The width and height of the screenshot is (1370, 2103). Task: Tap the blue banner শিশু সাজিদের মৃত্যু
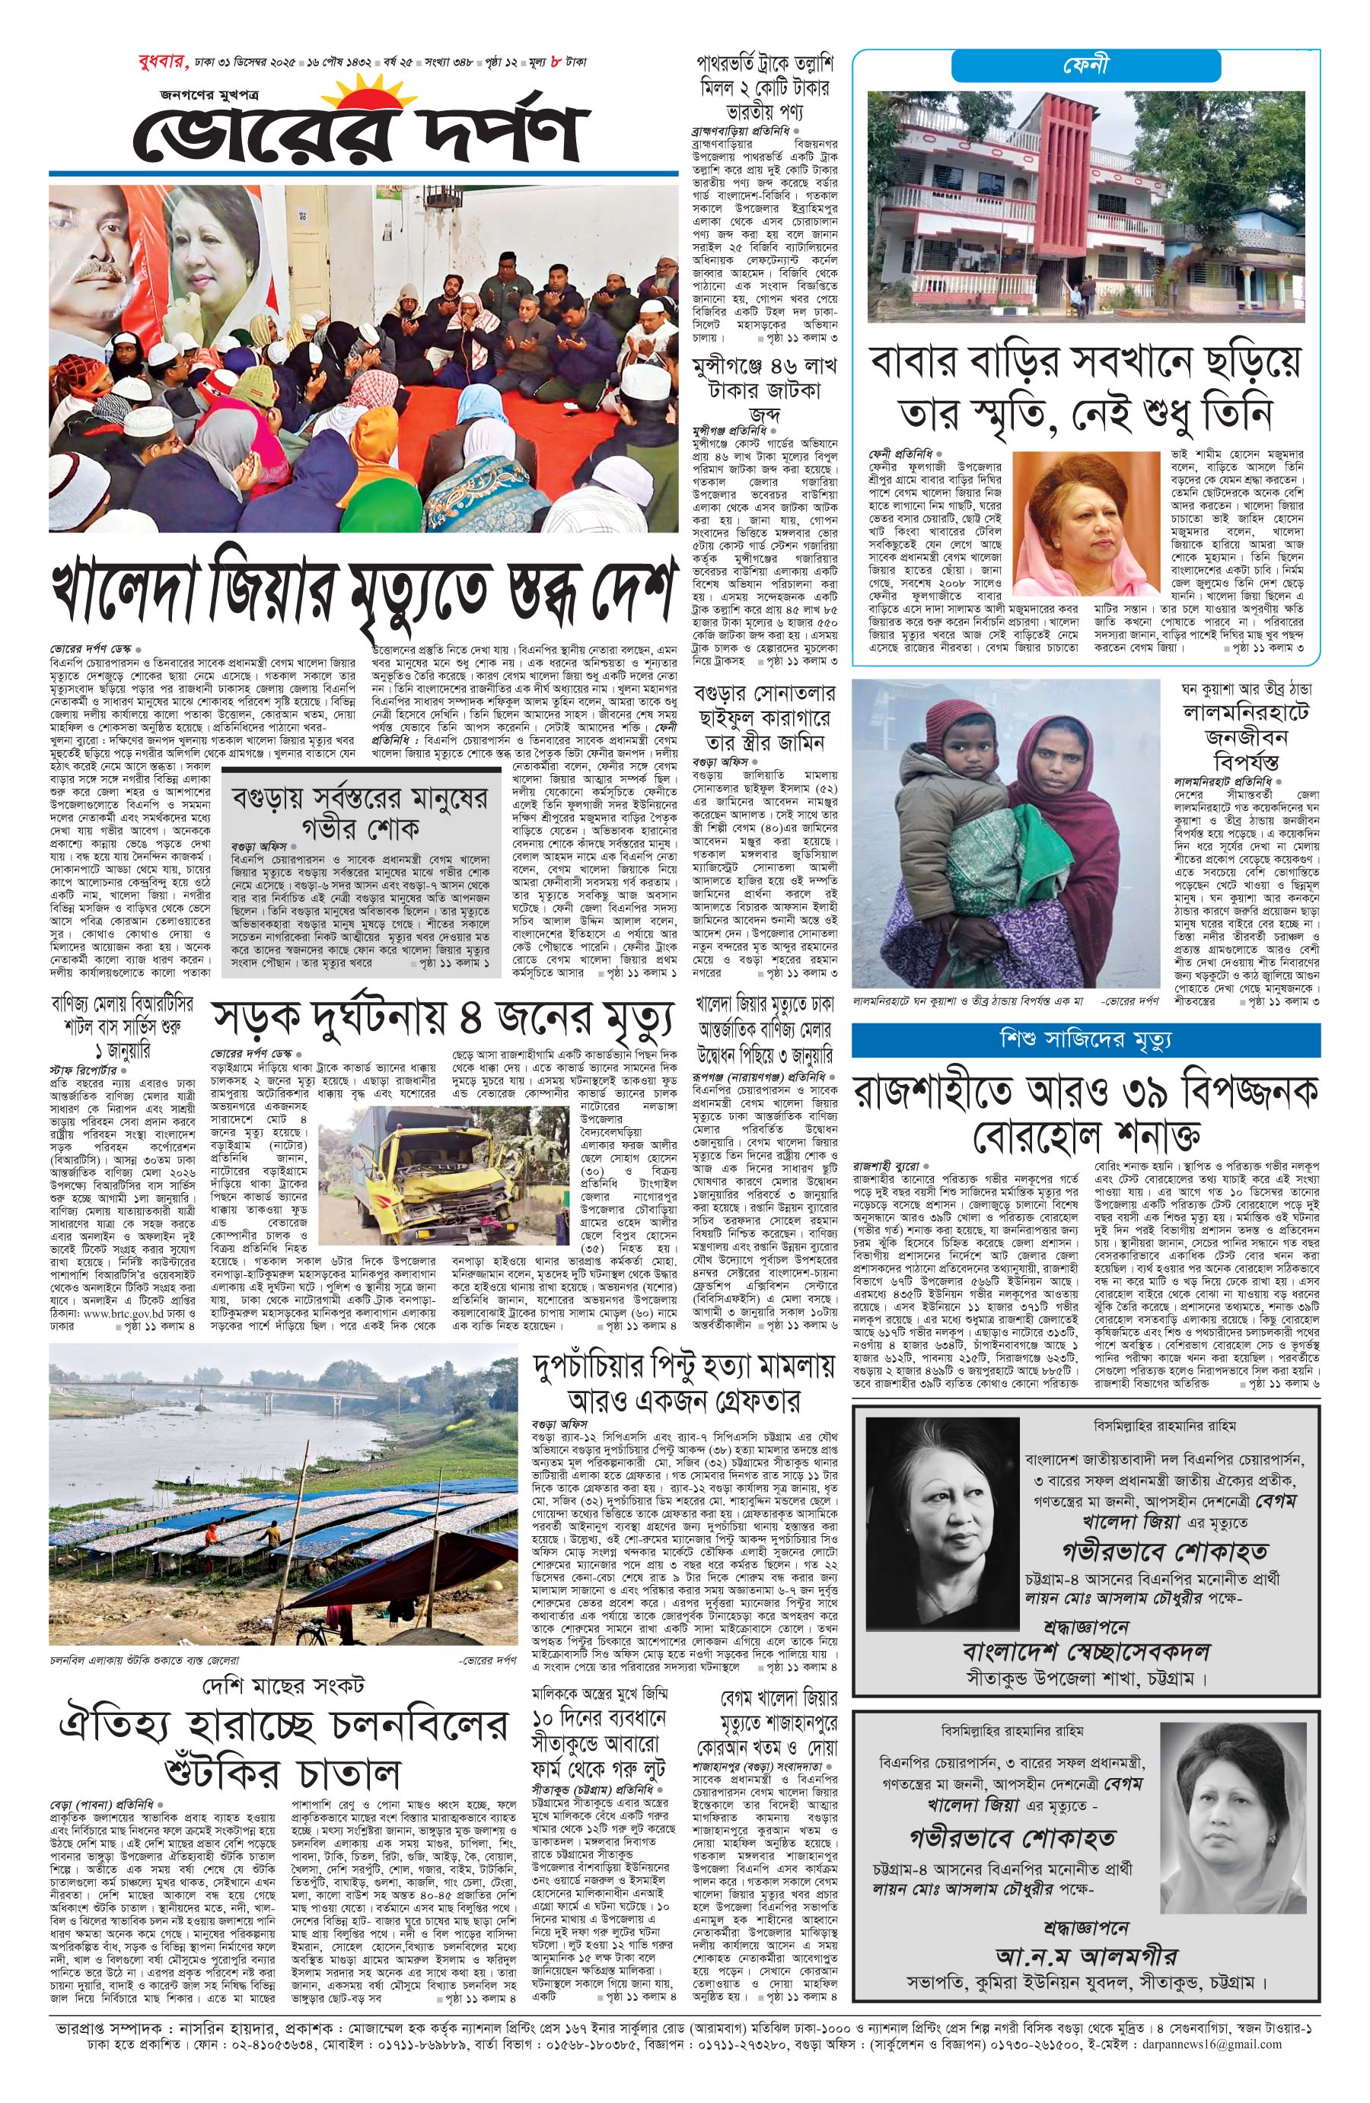[x=1085, y=1040]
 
